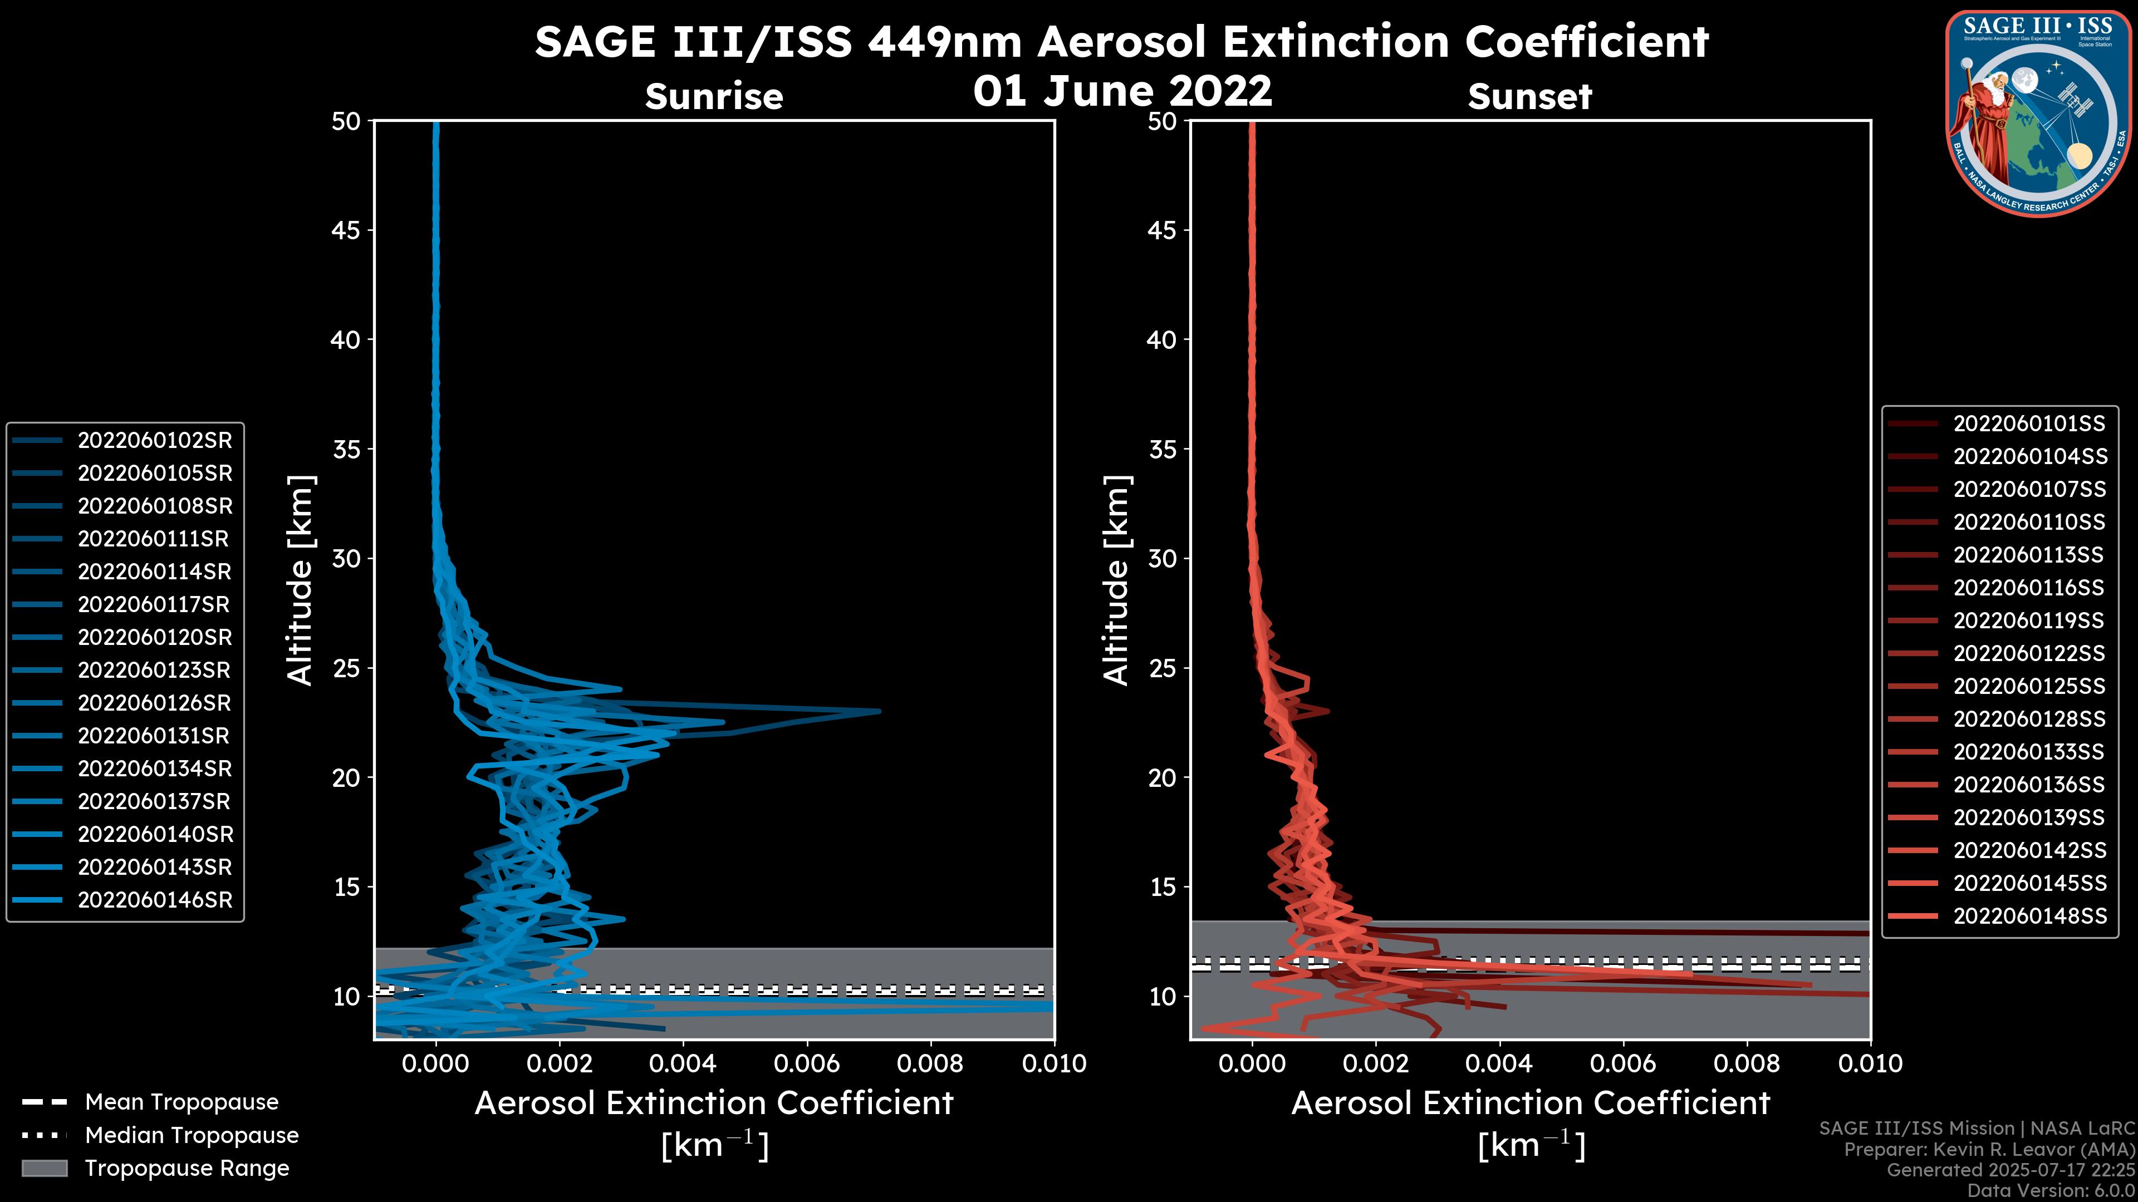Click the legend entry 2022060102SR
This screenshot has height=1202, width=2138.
(154, 441)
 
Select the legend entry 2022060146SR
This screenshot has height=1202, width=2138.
(154, 900)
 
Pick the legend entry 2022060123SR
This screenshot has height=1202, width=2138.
(154, 670)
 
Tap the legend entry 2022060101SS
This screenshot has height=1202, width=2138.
(2028, 424)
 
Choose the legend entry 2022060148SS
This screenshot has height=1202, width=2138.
(2028, 916)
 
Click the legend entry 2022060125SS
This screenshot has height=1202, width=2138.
(2028, 686)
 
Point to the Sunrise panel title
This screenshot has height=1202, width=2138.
(714, 97)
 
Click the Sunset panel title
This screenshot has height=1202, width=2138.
(1529, 97)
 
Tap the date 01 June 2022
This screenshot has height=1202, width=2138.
(1122, 90)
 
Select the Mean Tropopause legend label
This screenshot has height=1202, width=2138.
(181, 1102)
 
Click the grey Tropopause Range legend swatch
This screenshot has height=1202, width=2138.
(44, 1168)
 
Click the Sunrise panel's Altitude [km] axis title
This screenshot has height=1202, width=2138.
(300, 580)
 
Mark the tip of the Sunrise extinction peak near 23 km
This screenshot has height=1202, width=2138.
(879, 711)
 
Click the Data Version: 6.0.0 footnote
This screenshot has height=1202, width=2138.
(2052, 1191)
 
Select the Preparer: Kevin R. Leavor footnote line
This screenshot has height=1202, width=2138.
(1989, 1150)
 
